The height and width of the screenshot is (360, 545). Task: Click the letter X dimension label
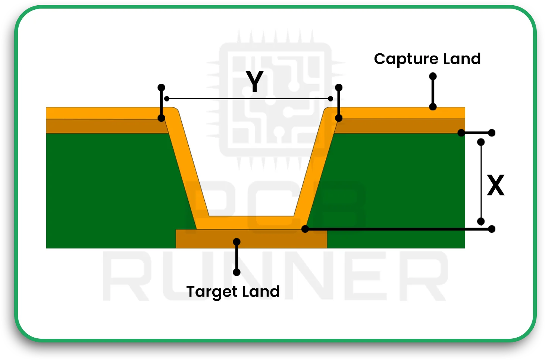coord(496,185)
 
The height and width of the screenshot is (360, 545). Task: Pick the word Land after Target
coord(261,292)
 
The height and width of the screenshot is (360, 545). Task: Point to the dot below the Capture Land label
coord(433,76)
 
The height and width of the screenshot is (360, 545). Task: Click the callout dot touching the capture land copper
coord(433,107)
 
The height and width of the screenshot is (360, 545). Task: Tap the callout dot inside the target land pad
coord(237,242)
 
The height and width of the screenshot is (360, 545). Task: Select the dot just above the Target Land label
coord(237,272)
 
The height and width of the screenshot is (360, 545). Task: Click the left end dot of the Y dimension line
coord(167,98)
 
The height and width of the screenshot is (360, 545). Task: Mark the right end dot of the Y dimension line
coord(331,98)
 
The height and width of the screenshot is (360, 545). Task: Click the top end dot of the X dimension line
coord(481,142)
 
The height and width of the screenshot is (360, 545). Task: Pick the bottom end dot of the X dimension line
coord(481,222)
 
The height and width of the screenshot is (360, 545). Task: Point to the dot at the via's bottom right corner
coord(305,229)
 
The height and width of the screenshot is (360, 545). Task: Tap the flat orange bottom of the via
coord(251,223)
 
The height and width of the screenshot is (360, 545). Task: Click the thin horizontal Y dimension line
coord(224,99)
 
